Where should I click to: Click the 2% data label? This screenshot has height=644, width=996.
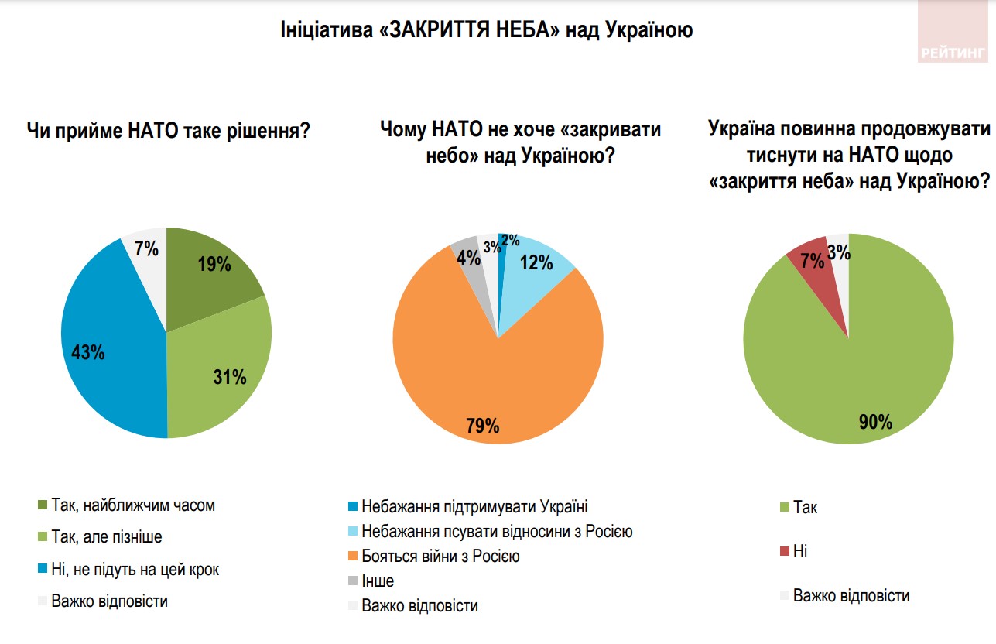tap(510, 241)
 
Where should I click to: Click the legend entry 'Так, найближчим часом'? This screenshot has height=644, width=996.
tap(132, 505)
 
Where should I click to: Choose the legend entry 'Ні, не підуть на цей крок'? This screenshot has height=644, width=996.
tap(135, 570)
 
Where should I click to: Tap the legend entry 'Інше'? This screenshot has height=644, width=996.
tap(378, 581)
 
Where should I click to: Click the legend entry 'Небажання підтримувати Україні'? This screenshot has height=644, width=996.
tap(474, 508)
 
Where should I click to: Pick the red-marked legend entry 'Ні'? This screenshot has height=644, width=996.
tap(800, 552)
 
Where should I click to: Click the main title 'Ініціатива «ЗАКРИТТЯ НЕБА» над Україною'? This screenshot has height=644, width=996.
tap(486, 31)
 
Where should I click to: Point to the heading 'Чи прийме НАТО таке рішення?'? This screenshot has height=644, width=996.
tap(169, 130)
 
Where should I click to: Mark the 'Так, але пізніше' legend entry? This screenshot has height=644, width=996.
tap(106, 537)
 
